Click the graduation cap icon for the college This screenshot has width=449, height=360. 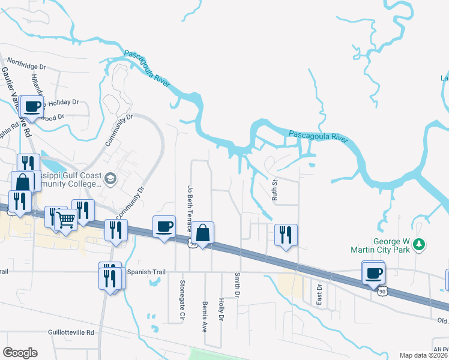tap(110, 178)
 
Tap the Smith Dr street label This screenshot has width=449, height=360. tap(238, 285)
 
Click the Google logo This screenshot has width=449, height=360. tap(20, 353)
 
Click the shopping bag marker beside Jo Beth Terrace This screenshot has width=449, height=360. tap(203, 232)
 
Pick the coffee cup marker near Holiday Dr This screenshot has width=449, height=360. tap(32, 107)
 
